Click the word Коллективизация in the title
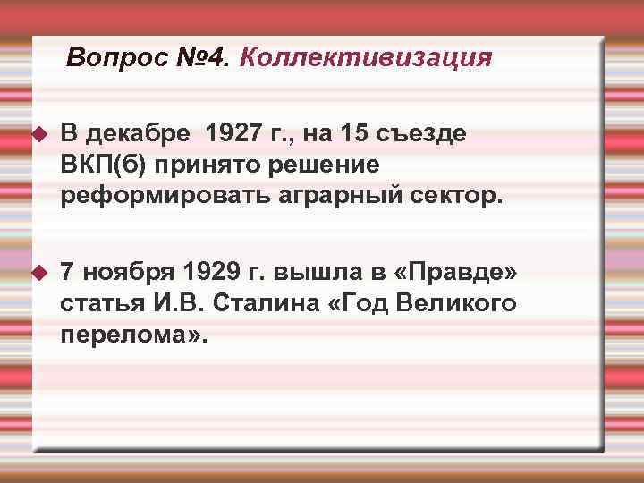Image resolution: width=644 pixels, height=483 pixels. (x=366, y=58)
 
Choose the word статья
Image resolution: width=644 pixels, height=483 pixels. (x=97, y=302)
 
